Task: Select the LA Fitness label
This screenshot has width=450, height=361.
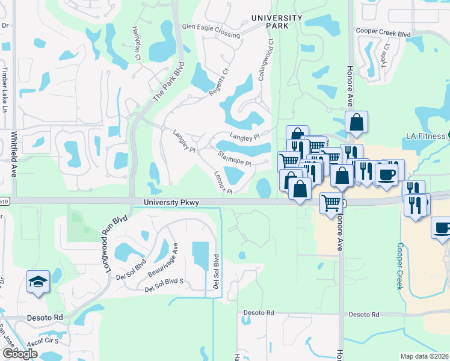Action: (424, 136)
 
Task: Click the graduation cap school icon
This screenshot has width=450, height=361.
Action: (37, 281)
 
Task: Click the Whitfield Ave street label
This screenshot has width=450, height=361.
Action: (13, 155)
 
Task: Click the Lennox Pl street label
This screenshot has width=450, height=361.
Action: (223, 180)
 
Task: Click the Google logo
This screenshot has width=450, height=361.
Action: (20, 354)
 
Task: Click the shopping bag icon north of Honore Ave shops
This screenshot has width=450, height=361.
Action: (356, 122)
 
